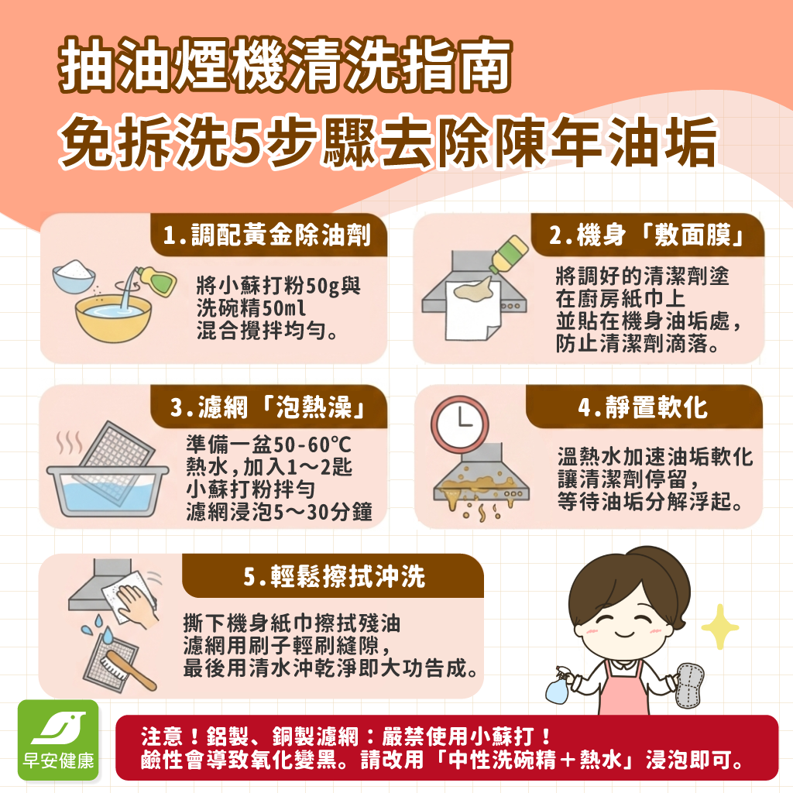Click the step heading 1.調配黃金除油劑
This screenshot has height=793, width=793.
[x=267, y=235]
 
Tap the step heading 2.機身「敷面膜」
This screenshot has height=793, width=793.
[x=647, y=235]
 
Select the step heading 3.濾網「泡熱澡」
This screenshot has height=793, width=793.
[x=267, y=407]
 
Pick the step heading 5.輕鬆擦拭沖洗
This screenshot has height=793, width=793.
[x=333, y=576]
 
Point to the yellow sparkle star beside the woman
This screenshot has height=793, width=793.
[x=719, y=626]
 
